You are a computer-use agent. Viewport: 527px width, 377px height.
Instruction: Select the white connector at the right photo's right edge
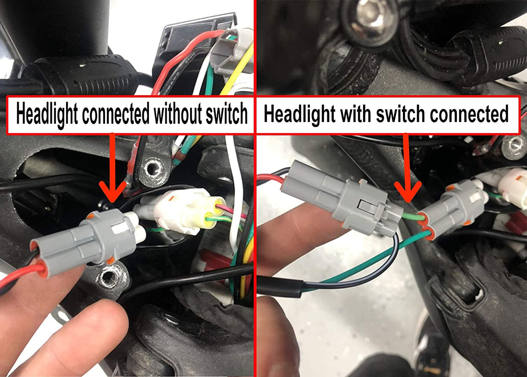pyautogui.click(x=513, y=187)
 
